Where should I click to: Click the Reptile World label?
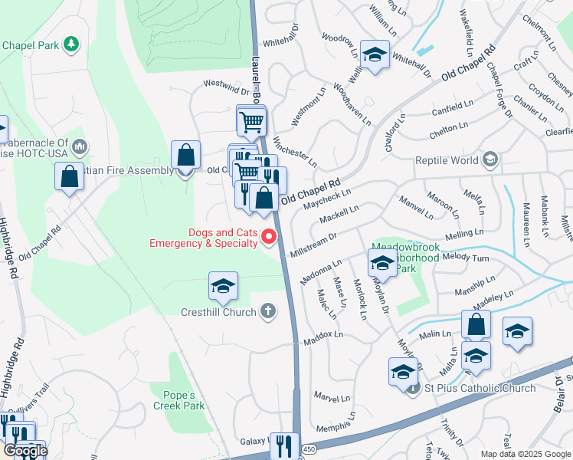coord(447,160)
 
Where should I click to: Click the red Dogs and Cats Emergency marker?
coord(269,237)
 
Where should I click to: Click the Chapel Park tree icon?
coord(71,44)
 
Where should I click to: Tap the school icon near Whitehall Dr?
coord(374,55)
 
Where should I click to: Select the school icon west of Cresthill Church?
coord(223,287)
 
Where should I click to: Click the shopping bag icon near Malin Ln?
coord(476,324)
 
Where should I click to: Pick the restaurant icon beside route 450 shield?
coord(285,445)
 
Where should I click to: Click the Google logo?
coord(25,451)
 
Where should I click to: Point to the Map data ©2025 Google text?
coord(525,454)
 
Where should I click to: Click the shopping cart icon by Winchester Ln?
coord(251,121)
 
